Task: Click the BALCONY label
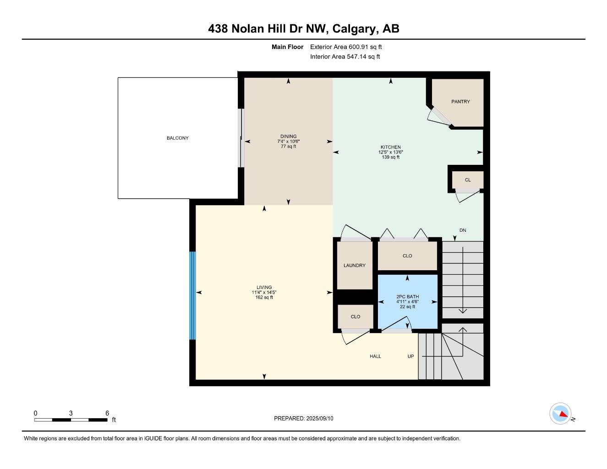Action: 177,138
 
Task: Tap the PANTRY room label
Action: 460,102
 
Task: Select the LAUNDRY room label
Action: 355,265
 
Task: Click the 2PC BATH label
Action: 407,297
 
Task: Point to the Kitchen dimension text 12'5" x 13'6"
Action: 390,152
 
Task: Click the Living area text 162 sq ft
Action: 264,297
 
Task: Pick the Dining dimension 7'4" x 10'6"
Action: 288,142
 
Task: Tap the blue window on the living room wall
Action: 192,295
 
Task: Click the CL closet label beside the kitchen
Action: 468,180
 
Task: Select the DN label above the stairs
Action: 463,230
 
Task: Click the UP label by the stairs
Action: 411,356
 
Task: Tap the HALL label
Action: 376,356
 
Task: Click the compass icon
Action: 560,414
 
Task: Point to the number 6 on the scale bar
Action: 107,413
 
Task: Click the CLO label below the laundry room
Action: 355,316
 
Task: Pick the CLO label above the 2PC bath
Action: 407,256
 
